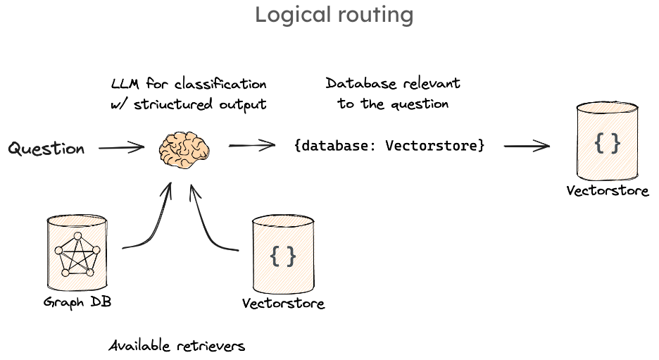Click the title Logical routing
pyautogui.click(x=334, y=15)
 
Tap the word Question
pyautogui.click(x=46, y=149)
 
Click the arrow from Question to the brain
pyautogui.click(x=122, y=148)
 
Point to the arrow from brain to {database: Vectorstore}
pyautogui.click(x=251, y=146)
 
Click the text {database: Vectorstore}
pyautogui.click(x=389, y=146)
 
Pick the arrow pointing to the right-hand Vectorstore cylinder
pyautogui.click(x=526, y=147)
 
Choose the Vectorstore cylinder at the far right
pyautogui.click(x=607, y=144)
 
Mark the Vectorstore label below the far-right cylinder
pyautogui.click(x=608, y=191)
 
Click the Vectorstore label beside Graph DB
pyautogui.click(x=283, y=304)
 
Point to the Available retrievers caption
pyautogui.click(x=177, y=346)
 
